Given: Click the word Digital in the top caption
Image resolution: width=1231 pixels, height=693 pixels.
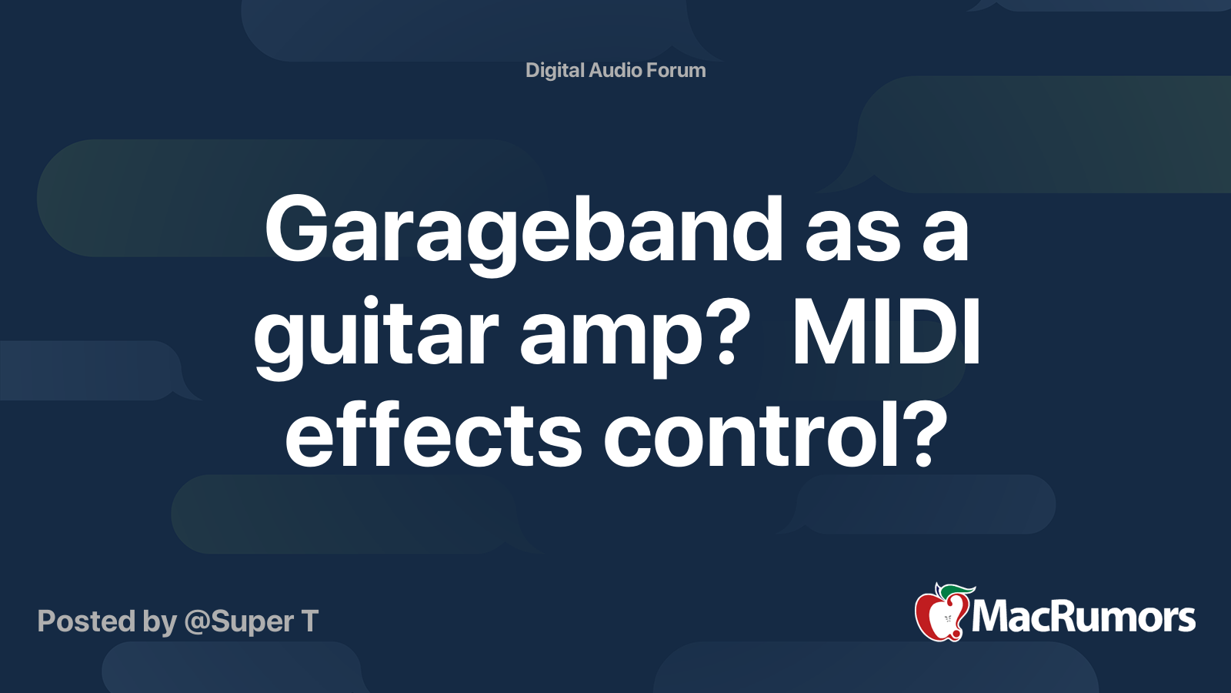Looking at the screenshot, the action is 555,71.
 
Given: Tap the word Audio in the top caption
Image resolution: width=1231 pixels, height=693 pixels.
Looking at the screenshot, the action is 615,70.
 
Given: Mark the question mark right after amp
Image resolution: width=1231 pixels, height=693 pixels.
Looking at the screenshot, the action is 721,333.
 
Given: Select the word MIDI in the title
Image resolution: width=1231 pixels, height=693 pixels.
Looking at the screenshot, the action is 886,333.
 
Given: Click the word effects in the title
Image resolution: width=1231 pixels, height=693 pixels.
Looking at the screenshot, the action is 433,435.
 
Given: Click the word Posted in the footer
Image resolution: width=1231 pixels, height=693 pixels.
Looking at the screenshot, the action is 87,621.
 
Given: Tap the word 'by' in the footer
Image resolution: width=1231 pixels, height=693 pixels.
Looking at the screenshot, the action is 160,624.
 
